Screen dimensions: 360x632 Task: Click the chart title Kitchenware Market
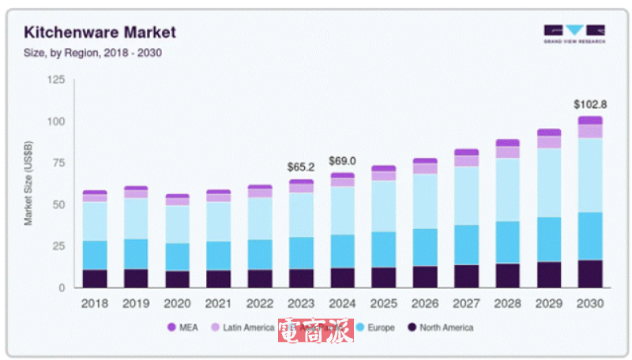(x=100, y=32)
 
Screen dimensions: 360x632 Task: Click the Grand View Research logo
(x=575, y=34)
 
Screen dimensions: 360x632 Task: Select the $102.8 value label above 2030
(x=589, y=104)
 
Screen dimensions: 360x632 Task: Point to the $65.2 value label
(x=301, y=167)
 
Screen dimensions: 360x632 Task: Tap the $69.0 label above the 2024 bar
(x=342, y=161)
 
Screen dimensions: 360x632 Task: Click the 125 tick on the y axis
(x=55, y=80)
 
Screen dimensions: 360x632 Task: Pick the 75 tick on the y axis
(x=58, y=163)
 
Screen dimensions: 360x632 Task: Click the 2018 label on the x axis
(x=95, y=303)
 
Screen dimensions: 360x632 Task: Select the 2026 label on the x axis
(x=424, y=303)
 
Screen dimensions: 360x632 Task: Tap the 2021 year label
(x=218, y=303)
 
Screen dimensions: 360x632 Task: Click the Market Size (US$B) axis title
(x=28, y=184)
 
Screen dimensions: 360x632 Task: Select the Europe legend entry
(x=376, y=327)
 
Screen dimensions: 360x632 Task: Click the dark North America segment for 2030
(x=589, y=274)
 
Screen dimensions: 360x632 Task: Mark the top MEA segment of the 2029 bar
(x=548, y=133)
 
